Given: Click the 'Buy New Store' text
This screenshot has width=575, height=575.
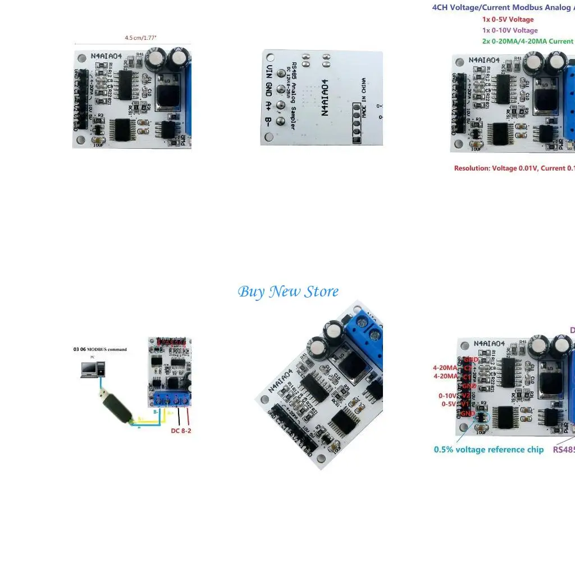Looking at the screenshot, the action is [288, 292].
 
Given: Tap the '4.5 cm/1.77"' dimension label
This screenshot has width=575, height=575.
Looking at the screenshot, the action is [140, 38].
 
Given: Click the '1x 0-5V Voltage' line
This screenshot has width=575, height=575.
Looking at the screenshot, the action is [508, 20].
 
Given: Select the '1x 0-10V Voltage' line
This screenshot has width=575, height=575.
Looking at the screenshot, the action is [509, 30].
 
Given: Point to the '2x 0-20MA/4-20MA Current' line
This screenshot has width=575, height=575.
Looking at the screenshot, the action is [527, 41].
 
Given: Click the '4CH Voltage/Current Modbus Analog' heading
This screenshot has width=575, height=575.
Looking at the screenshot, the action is [503, 8].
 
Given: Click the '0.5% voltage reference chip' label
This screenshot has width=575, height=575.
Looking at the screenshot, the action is [489, 450].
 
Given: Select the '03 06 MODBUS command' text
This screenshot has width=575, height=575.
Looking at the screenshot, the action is [100, 349].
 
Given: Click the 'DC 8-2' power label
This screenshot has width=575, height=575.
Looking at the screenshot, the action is [181, 431].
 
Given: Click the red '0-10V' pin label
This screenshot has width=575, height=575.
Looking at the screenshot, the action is [448, 396].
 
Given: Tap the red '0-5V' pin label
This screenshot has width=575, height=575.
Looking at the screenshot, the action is [449, 404].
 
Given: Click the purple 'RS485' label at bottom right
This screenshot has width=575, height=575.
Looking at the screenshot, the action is [564, 450].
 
